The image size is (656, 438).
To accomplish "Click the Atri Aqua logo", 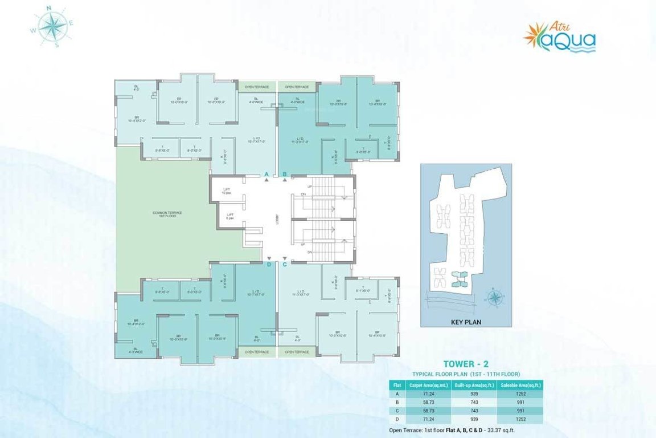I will pyautogui.click(x=560, y=38).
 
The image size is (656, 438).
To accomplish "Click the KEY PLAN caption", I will pyautogui.click(x=466, y=322).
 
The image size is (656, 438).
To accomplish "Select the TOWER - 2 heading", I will pyautogui.click(x=466, y=363).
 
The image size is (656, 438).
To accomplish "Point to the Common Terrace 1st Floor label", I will pyautogui.click(x=167, y=214).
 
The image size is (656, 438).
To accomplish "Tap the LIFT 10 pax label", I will pyautogui.click(x=227, y=192).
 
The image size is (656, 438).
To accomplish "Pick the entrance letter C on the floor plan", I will pyautogui.click(x=285, y=265).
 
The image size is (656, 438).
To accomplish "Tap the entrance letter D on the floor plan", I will pyautogui.click(x=269, y=265).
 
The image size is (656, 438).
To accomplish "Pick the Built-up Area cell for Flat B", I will pyautogui.click(x=474, y=403).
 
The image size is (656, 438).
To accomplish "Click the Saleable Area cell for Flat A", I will pyautogui.click(x=520, y=394).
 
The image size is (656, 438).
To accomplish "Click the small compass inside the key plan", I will pyautogui.click(x=495, y=297).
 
